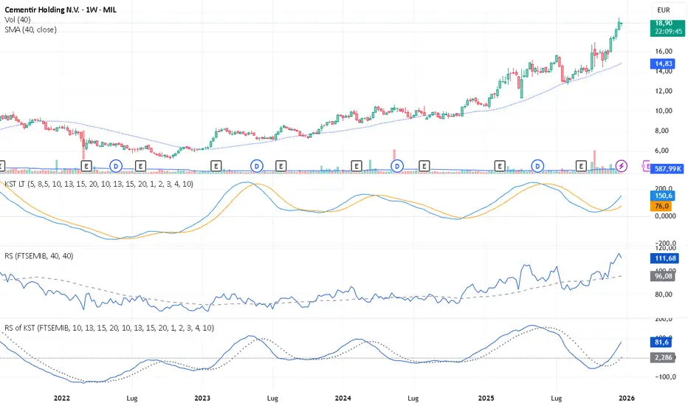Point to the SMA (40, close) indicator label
click(x=30, y=30)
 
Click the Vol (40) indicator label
click(x=20, y=19)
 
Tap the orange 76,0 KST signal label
click(x=659, y=207)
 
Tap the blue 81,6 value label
click(x=659, y=343)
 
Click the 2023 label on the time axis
click(x=202, y=396)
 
